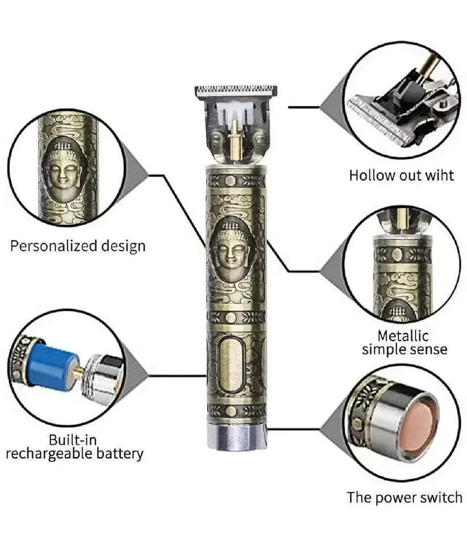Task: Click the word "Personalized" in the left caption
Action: click(54, 247)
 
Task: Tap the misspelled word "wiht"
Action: click(439, 175)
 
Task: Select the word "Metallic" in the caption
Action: click(403, 336)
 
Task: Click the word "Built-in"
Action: click(73, 440)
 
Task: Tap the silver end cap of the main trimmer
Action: click(237, 437)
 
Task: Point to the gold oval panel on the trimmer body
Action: click(230, 366)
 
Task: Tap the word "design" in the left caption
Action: click(123, 247)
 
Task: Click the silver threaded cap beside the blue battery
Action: click(101, 379)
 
